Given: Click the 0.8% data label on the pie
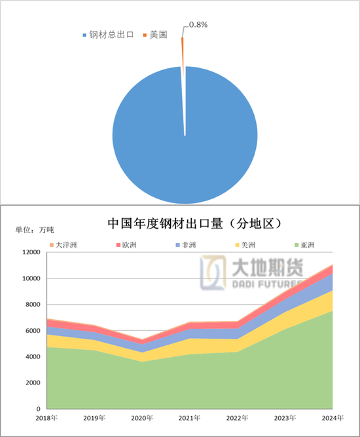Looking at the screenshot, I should pos(198,25).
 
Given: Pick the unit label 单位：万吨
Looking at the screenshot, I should pos(35,231).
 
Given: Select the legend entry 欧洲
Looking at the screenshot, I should pos(127,246).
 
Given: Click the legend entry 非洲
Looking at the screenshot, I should pos(185,246).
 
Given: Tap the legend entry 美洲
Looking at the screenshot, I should pos(243,246).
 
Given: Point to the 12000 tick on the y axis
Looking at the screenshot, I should pos(29,253).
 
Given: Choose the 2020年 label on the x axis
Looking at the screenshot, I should pos(143,418).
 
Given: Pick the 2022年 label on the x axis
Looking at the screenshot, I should pos(238,418).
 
